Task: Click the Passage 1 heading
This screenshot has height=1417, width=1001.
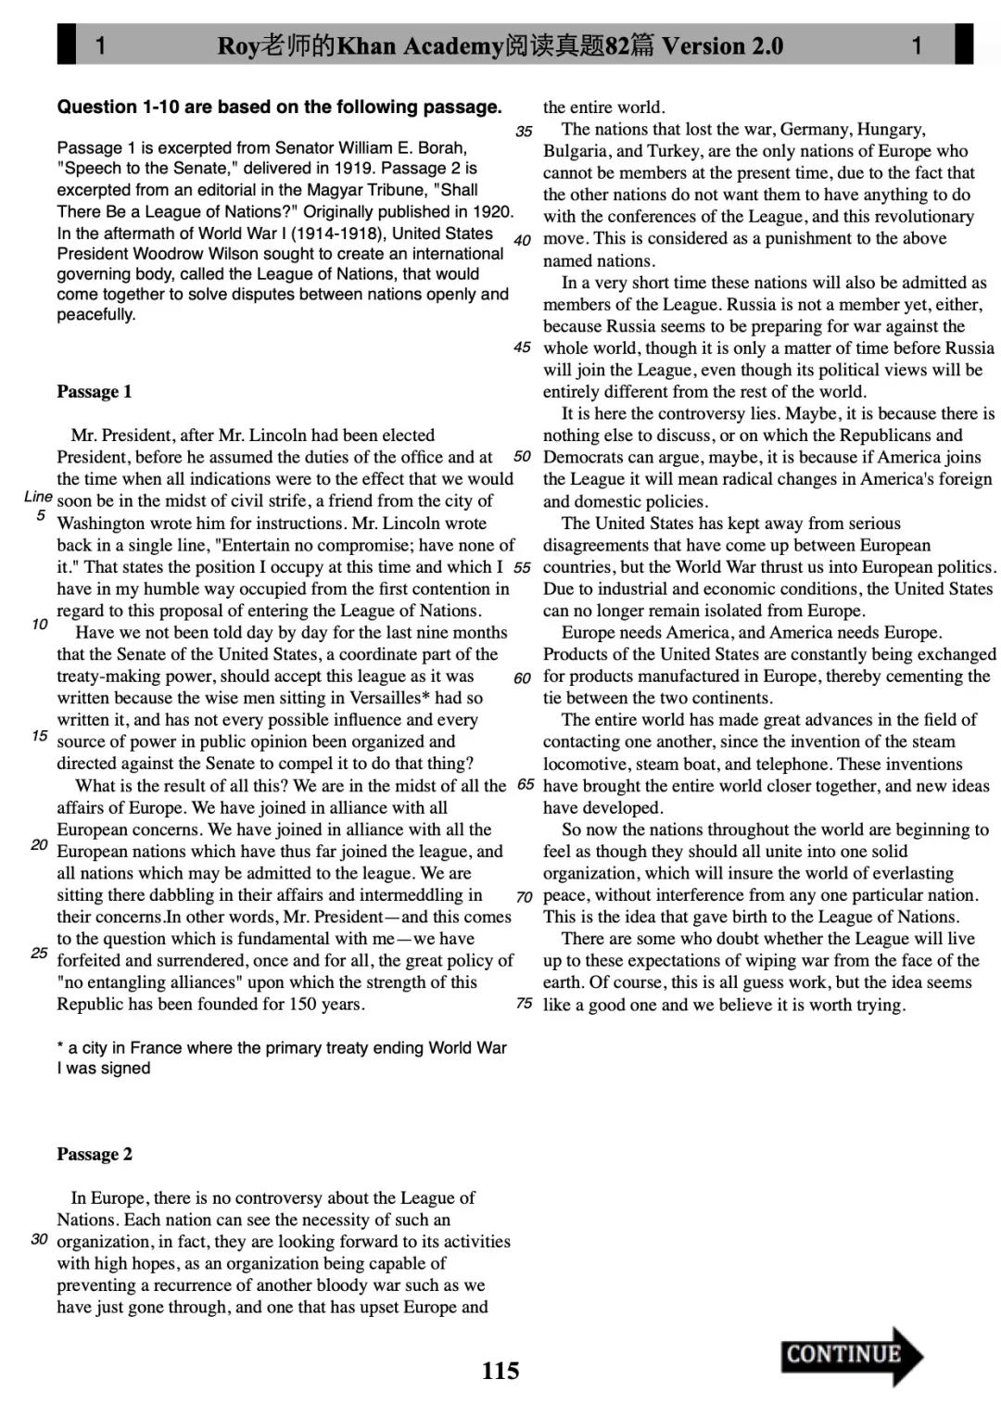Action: click(x=95, y=392)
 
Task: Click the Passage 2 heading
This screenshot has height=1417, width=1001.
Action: click(x=95, y=1155)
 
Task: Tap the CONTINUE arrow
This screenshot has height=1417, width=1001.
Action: click(x=851, y=1355)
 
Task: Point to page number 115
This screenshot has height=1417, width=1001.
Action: click(x=500, y=1371)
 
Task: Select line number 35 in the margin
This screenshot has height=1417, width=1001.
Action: click(x=524, y=132)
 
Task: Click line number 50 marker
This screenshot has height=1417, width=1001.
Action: click(x=522, y=457)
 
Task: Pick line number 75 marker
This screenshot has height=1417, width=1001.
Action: click(x=524, y=1004)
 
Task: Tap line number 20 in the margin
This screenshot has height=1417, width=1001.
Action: click(x=39, y=845)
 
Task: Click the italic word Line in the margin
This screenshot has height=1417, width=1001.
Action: click(x=38, y=497)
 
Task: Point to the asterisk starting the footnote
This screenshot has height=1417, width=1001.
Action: click(x=60, y=1047)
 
